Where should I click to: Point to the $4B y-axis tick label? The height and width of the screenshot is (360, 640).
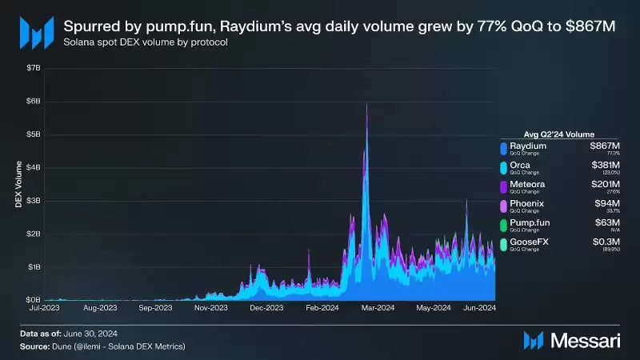point(31,167)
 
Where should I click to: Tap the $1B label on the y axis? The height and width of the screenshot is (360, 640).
point(31,266)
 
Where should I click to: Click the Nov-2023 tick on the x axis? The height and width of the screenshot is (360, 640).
point(211,306)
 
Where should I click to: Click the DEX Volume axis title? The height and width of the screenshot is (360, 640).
point(17,183)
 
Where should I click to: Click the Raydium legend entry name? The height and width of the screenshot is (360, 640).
point(528,146)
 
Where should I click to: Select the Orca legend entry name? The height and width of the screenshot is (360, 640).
point(522,166)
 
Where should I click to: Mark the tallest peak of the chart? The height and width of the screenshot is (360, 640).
point(366,104)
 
